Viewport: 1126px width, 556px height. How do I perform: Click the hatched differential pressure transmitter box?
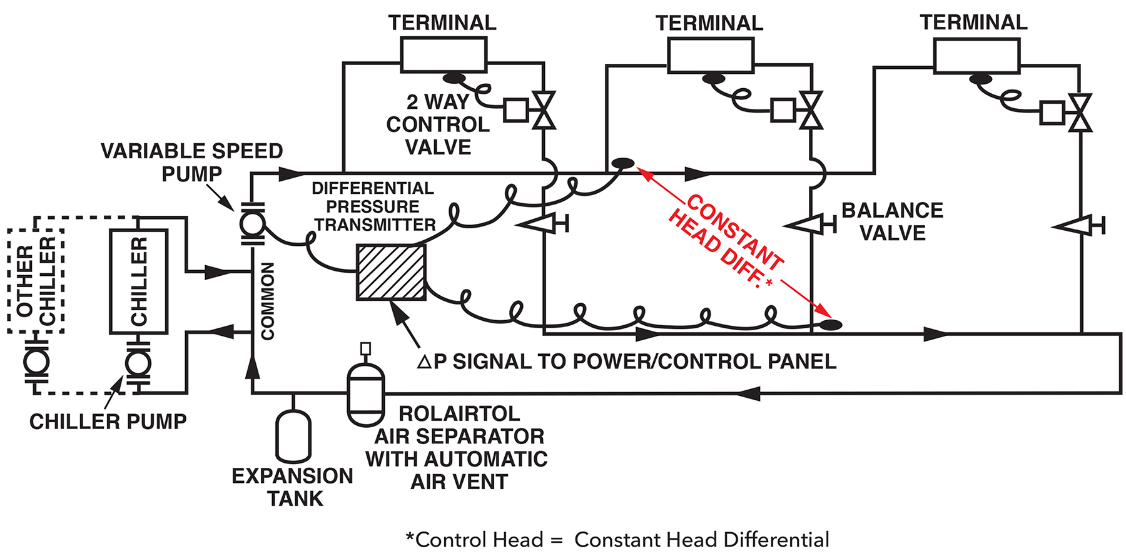point(391,272)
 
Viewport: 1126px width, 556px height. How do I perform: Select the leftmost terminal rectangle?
point(444,55)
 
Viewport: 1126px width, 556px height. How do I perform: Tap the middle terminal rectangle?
point(711,55)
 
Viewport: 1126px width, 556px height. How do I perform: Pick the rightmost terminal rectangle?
point(976,55)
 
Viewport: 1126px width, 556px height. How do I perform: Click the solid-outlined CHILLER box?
point(138,281)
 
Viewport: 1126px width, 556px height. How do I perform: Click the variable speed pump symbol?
point(252,223)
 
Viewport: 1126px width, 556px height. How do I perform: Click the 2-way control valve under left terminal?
point(544,111)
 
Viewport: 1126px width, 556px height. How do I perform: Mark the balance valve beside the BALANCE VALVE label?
point(811,224)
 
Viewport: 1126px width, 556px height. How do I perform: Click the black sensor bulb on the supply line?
point(623,164)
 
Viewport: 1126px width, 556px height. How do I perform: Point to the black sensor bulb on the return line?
point(831,325)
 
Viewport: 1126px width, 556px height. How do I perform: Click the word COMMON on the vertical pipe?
point(268,301)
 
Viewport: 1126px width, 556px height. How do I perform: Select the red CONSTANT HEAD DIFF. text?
point(726,241)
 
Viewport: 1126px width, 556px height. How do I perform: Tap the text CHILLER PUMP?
point(108,422)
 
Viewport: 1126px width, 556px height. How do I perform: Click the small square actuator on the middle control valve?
point(783,110)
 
